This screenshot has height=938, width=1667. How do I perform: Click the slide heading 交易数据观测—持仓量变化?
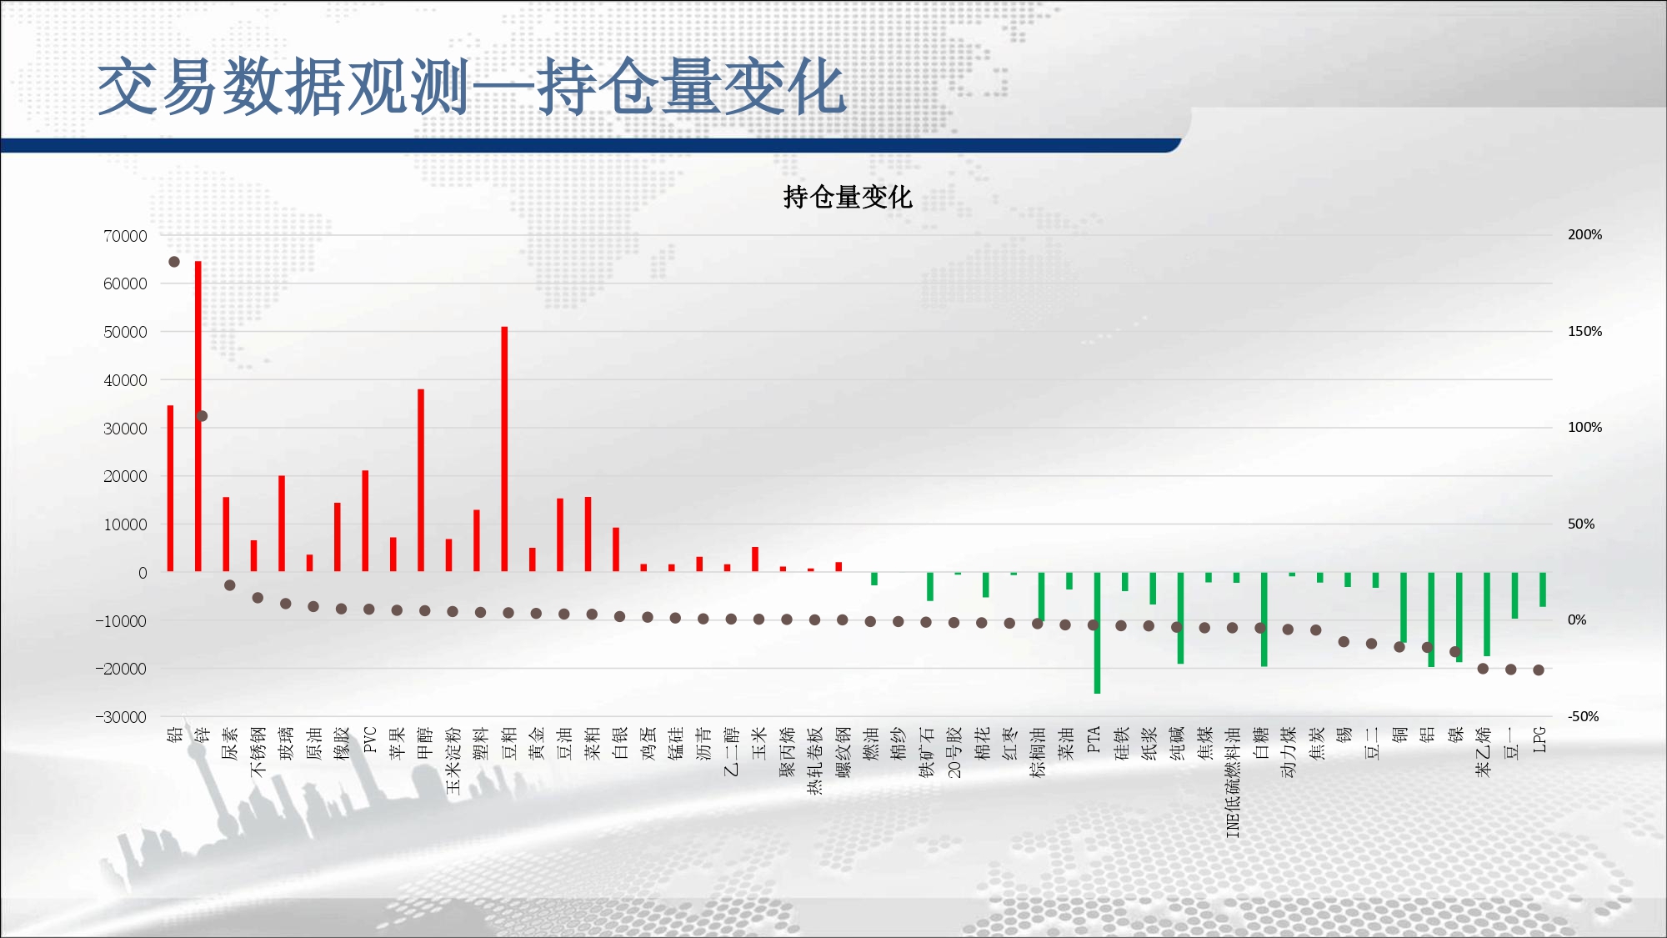click(472, 87)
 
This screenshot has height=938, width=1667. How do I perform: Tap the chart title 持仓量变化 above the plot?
click(848, 197)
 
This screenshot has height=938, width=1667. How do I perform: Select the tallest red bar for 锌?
click(198, 416)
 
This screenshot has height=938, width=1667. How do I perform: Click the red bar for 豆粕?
click(504, 449)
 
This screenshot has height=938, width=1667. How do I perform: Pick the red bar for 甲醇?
click(421, 480)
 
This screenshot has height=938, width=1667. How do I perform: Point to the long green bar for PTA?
click(1097, 633)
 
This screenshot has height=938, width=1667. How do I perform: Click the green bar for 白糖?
click(1264, 619)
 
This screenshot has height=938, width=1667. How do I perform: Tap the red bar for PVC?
click(365, 521)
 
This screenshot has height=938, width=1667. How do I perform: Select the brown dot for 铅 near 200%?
click(174, 262)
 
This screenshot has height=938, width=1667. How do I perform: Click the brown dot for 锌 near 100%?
click(202, 416)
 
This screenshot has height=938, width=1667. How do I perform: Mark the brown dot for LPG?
click(1539, 670)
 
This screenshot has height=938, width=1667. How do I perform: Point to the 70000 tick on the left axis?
click(125, 236)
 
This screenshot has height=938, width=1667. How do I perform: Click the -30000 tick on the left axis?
click(121, 717)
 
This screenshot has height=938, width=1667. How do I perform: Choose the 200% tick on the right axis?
click(1584, 235)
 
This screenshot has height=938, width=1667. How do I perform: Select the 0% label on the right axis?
click(1577, 619)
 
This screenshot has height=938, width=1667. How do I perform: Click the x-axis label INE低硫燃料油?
click(1234, 782)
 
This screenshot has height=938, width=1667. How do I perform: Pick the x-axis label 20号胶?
click(954, 752)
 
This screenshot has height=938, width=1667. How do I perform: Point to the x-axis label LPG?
click(1539, 740)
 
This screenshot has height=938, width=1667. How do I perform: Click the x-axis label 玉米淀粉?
click(453, 760)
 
